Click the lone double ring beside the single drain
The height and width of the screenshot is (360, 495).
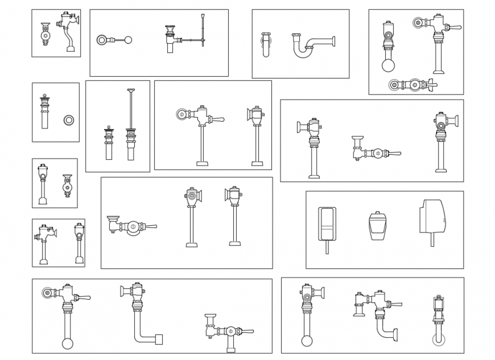69,120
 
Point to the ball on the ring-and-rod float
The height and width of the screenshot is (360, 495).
128,40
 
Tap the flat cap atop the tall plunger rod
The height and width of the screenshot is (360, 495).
131,90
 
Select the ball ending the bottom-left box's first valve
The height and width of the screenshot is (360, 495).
68,343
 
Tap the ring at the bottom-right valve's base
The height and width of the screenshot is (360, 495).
438,340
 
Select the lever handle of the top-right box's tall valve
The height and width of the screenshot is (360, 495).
454,27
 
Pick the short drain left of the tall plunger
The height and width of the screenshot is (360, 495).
109,142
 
